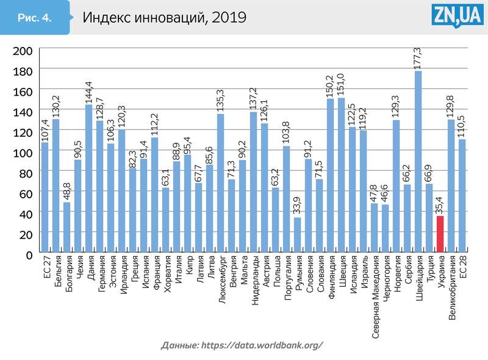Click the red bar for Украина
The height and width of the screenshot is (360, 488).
coord(440,234)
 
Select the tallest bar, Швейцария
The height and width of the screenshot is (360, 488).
coord(418,162)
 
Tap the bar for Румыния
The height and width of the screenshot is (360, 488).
coord(297,235)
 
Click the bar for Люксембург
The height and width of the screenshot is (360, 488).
coord(220,183)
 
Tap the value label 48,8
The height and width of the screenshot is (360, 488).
coord(66,189)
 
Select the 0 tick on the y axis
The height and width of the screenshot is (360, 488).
coord(29,253)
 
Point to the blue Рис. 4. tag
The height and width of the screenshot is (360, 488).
coord(34,17)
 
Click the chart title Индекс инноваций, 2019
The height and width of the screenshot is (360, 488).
coord(164,18)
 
